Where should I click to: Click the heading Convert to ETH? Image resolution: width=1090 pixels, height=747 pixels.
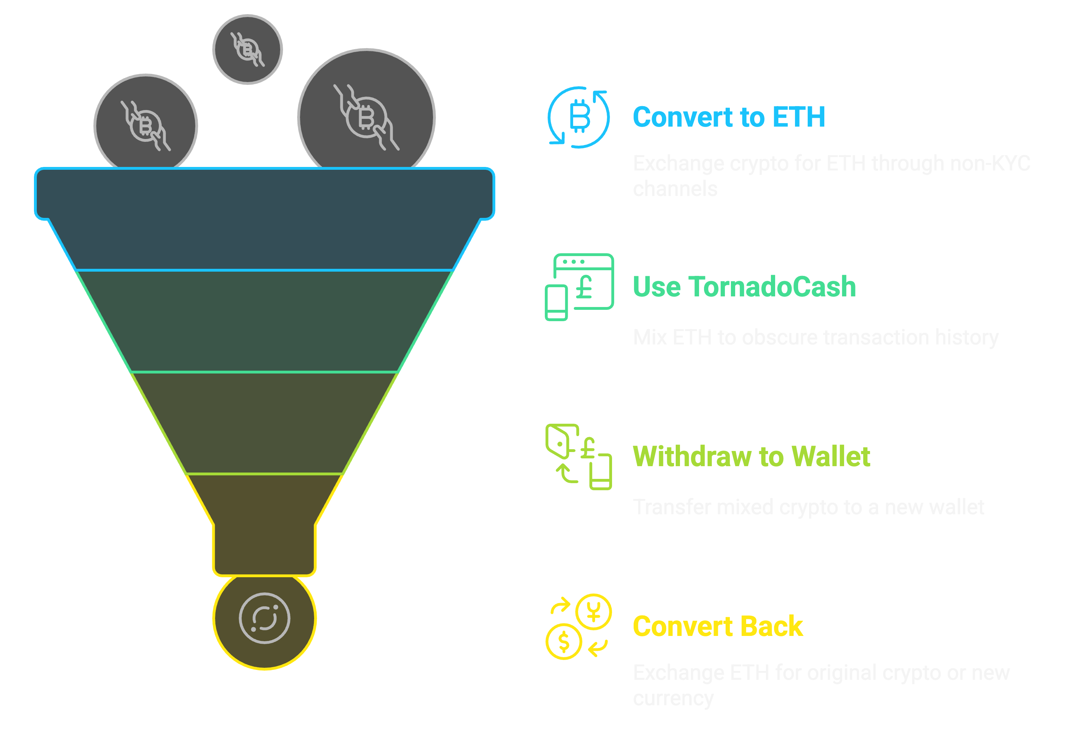click(728, 117)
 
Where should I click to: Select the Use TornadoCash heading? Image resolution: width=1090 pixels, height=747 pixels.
click(744, 286)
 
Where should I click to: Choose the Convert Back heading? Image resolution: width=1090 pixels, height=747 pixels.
click(717, 626)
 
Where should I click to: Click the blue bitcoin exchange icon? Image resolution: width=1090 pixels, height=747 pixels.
click(579, 117)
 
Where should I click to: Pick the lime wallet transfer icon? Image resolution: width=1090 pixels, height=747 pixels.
click(579, 457)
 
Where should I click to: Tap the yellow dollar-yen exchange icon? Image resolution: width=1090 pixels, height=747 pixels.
click(579, 626)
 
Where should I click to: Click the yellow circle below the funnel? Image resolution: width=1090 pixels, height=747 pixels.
click(265, 619)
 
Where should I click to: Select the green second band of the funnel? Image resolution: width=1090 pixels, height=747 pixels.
click(265, 321)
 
